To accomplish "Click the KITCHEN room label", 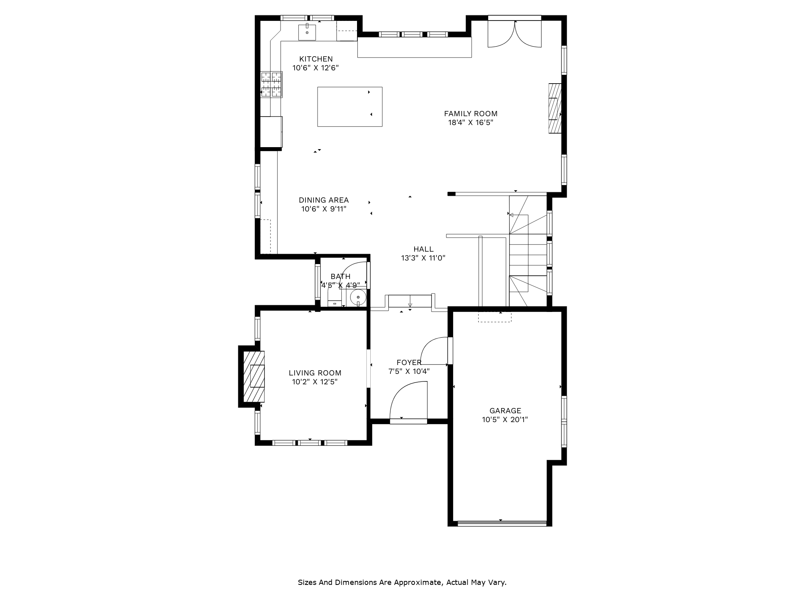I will [x=316, y=59].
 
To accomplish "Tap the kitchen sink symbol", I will [x=307, y=32].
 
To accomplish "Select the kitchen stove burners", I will [x=271, y=84].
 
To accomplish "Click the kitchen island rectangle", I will [x=349, y=107].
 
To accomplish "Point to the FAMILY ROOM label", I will [x=471, y=114].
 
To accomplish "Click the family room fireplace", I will [x=555, y=108].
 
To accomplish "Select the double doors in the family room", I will [x=514, y=34].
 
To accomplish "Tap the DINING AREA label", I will [x=324, y=200].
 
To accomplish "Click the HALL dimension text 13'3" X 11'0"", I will [x=423, y=258].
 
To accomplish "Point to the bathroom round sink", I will [x=358, y=297].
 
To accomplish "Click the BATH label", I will [x=341, y=276].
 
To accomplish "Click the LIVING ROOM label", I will [x=315, y=373].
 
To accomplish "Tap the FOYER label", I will [x=409, y=363].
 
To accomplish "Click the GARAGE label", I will [x=505, y=410].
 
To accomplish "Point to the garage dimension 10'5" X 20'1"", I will [x=505, y=420].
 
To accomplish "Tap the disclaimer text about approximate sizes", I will [x=402, y=582].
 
